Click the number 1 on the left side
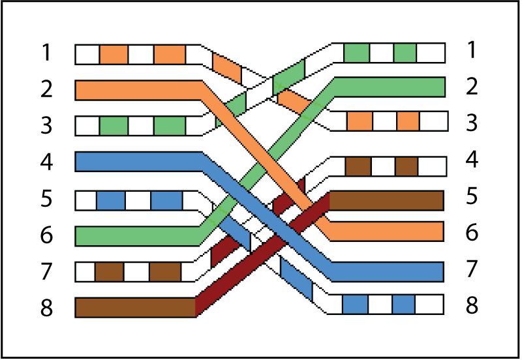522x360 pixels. [46, 52]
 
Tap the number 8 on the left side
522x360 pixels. [46, 308]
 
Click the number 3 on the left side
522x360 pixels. [46, 125]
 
